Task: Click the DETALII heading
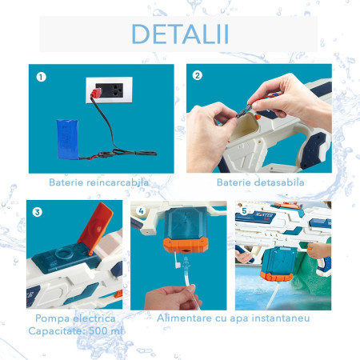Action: click(x=179, y=35)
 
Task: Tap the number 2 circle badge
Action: click(x=198, y=77)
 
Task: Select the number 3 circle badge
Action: click(x=37, y=213)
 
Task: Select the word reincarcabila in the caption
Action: click(x=119, y=183)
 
